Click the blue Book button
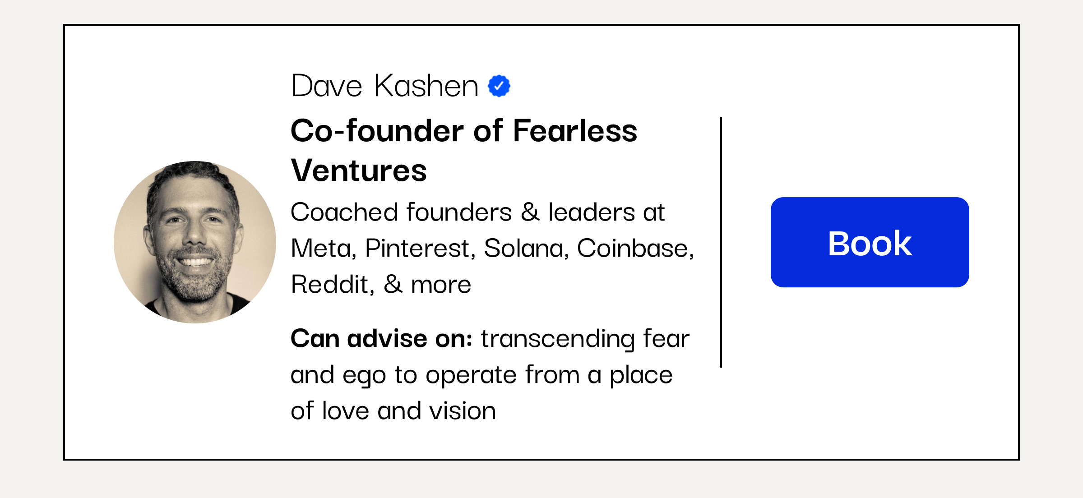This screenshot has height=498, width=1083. pos(870,242)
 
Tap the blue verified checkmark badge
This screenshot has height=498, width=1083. pos(499,86)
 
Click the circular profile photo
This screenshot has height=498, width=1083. pos(195,242)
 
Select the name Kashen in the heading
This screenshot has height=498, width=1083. pos(426,86)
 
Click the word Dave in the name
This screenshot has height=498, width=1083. pos(327,86)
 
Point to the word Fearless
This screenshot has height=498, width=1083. pos(575,131)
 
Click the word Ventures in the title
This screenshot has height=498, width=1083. pos(359,171)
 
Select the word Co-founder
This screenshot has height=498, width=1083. pos(377,131)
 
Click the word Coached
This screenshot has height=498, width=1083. pos(344,212)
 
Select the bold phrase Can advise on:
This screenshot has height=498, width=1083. pos(382,339)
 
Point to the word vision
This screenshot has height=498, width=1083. pos(463,411)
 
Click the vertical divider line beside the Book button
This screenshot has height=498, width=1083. pos(721,242)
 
